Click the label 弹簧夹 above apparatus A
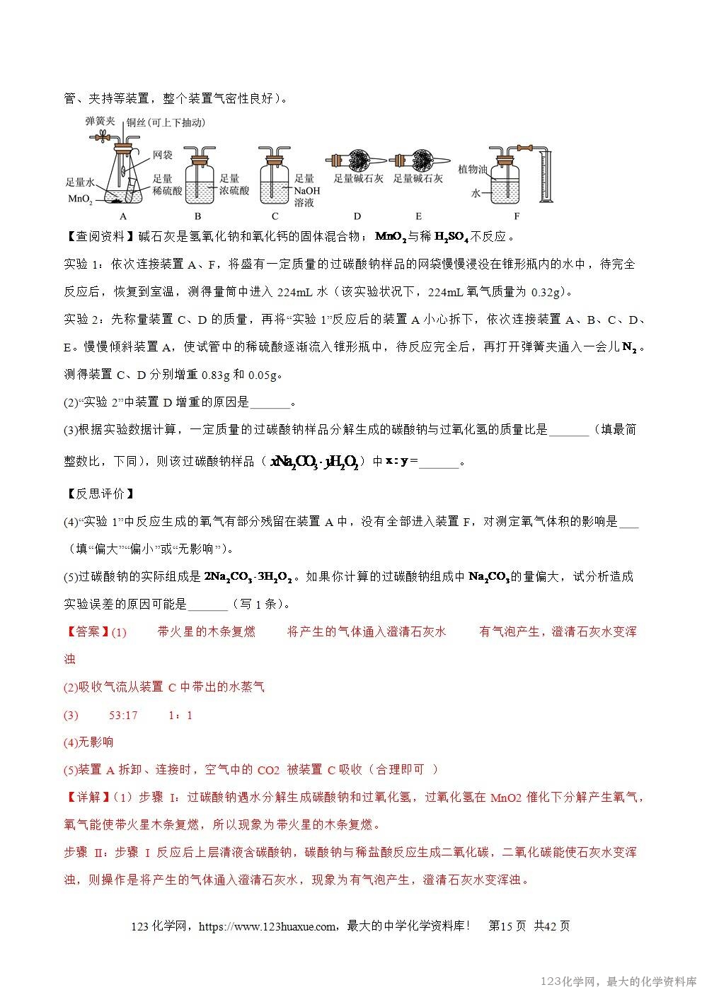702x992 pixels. (100, 121)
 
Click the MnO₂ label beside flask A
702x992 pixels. (79, 199)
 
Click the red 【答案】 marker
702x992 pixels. (86, 631)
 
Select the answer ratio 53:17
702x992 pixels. (123, 715)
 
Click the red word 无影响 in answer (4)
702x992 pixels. (96, 742)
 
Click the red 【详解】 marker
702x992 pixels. (86, 797)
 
